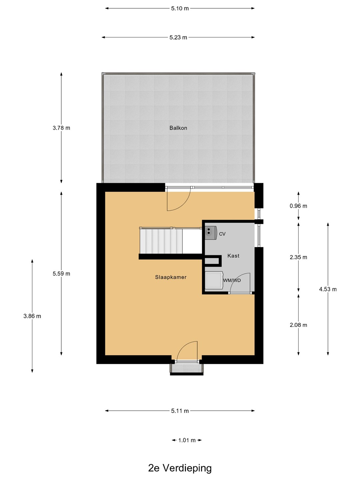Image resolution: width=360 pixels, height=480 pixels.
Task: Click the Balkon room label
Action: (178, 128)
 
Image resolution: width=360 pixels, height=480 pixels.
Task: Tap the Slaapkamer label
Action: (171, 277)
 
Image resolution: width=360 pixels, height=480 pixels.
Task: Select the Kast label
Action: (233, 256)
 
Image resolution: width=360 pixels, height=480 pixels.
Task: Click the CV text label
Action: (222, 234)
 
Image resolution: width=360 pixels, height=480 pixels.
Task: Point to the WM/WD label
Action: (232, 280)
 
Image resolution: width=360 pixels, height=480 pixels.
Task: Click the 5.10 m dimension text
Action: (180, 9)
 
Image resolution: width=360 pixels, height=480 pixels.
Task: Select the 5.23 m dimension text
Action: (178, 37)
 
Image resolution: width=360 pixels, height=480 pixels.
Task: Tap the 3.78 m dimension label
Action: (61, 128)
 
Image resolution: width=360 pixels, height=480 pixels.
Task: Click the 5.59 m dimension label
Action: (61, 274)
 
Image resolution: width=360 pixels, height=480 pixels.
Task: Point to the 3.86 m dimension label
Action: (32, 316)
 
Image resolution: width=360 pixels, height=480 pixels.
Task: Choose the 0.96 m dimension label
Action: (298, 206)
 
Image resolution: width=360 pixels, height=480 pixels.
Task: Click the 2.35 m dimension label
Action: (298, 257)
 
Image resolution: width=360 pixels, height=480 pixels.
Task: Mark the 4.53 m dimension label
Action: (328, 289)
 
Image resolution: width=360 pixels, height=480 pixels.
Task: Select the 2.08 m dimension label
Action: (298, 325)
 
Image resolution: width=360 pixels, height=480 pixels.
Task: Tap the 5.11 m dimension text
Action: (180, 411)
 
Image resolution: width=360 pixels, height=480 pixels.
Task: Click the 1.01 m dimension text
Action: (187, 440)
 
